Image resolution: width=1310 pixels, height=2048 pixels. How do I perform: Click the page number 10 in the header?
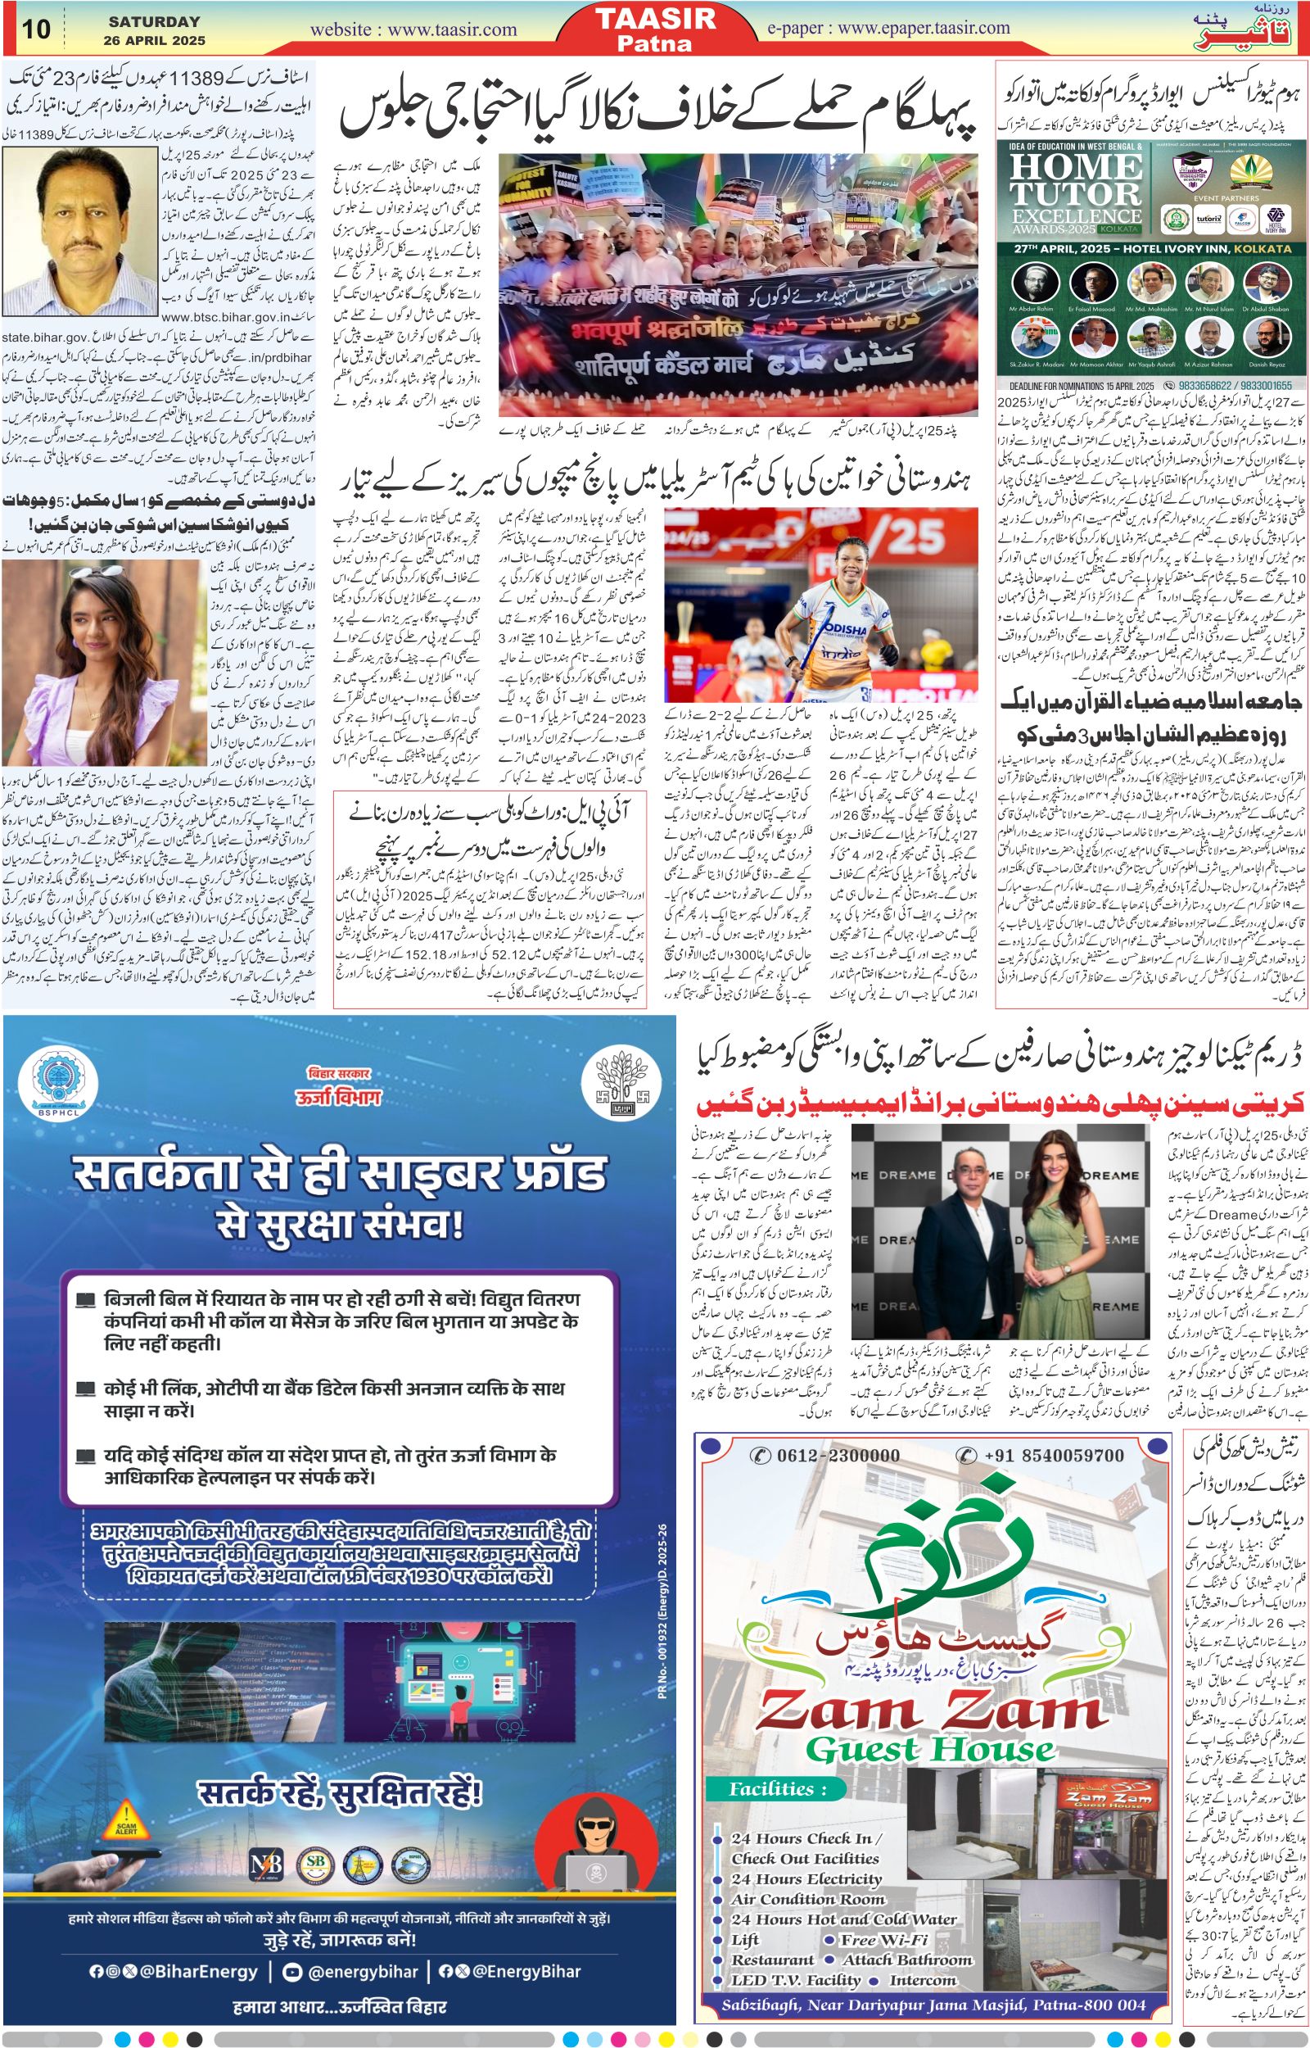point(37,29)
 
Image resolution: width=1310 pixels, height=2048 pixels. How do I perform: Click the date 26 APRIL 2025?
point(154,40)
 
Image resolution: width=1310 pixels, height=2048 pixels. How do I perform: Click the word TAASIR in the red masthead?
point(656,20)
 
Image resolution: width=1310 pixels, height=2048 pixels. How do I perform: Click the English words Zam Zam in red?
point(933,1661)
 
